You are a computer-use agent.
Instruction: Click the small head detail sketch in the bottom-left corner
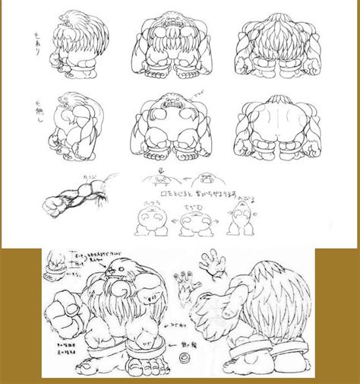pyautogui.click(x=56, y=263)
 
